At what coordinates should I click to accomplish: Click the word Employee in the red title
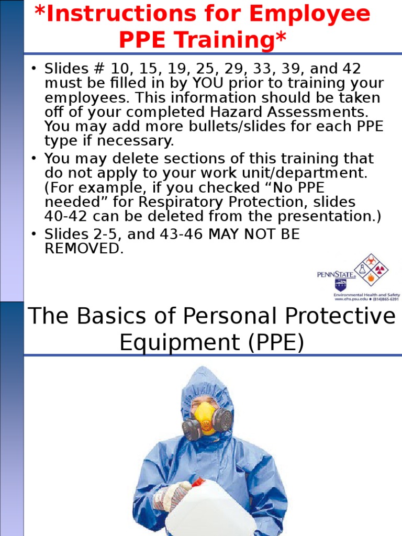coord(309,14)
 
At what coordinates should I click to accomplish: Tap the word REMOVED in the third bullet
coord(84,249)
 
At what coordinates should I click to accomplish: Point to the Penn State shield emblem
coord(341,285)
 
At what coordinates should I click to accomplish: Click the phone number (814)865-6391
coord(386,299)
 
